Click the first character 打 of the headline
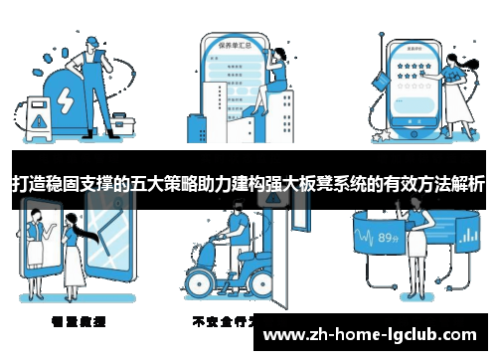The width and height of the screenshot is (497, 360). pyautogui.click(x=19, y=185)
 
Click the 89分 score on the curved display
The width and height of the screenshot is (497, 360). pyautogui.click(x=389, y=238)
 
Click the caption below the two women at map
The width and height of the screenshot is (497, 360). pyautogui.click(x=80, y=321)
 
